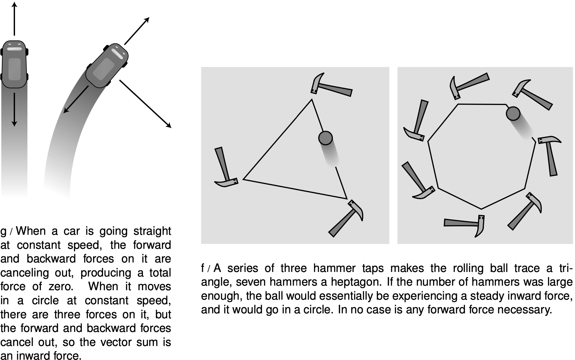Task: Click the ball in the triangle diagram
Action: click(325, 138)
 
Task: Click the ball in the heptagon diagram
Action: click(513, 113)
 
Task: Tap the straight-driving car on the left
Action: click(14, 64)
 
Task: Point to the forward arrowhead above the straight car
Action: click(14, 5)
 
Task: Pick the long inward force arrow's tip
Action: click(169, 126)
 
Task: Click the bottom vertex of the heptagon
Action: click(481, 209)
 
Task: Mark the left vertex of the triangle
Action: click(244, 179)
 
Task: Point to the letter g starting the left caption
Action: click(4, 232)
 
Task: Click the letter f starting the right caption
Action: click(203, 268)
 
